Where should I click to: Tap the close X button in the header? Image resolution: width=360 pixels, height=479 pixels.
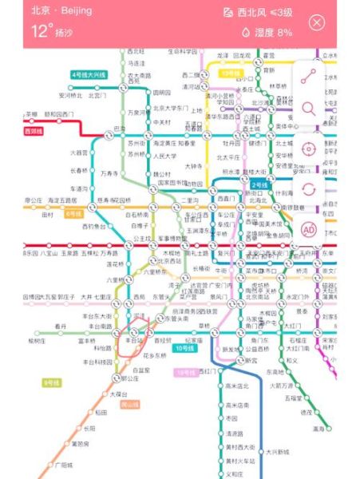(317, 22)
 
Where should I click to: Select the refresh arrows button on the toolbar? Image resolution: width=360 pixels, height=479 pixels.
(309, 189)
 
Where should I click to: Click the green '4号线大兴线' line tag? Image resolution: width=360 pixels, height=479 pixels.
(89, 73)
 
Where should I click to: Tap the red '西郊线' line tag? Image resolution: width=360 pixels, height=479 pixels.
(34, 131)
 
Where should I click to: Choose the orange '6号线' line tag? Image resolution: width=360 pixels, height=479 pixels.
(74, 214)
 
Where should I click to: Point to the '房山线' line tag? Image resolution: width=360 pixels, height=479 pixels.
(129, 405)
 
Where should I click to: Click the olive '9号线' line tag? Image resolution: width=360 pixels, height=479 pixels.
(52, 382)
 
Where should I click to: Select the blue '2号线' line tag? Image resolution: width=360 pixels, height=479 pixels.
(259, 184)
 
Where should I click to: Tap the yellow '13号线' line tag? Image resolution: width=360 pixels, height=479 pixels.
(231, 73)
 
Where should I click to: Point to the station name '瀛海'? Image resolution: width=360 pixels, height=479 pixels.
(319, 428)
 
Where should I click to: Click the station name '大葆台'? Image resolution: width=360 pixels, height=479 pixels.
(118, 394)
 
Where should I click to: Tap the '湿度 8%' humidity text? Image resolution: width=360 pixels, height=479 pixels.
(268, 33)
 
